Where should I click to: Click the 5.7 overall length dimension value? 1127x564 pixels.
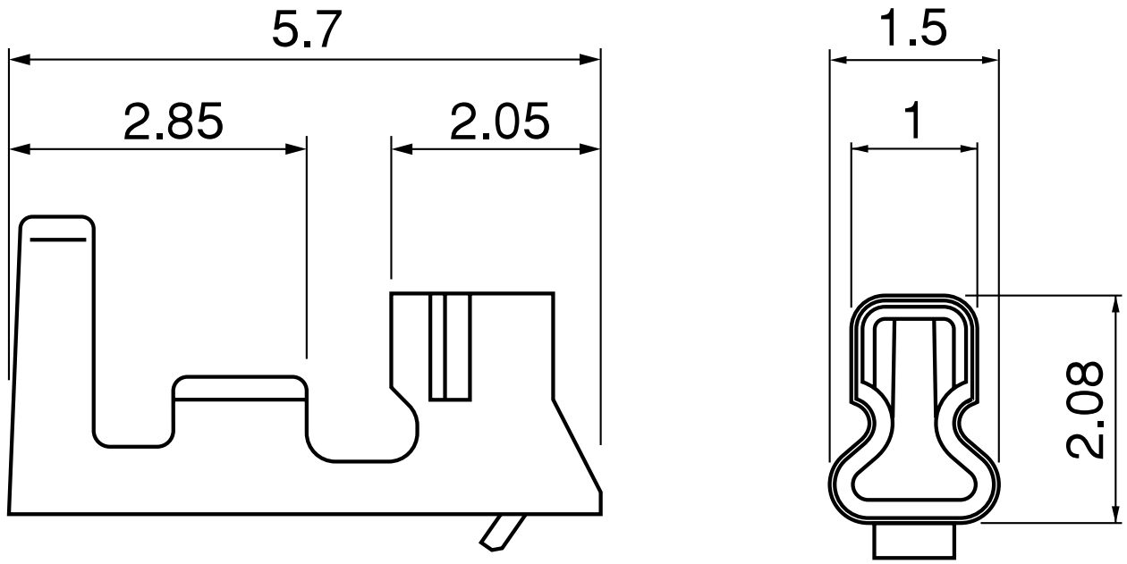point(307,29)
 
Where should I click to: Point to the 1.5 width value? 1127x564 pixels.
point(912,29)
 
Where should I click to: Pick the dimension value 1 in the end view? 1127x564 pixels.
point(913,122)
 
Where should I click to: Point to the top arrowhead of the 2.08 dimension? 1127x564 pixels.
point(1114,307)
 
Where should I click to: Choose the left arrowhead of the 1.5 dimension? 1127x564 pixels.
point(840,60)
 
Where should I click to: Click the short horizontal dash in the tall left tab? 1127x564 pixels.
point(57,240)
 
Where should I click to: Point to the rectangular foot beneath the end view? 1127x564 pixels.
point(914,542)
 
